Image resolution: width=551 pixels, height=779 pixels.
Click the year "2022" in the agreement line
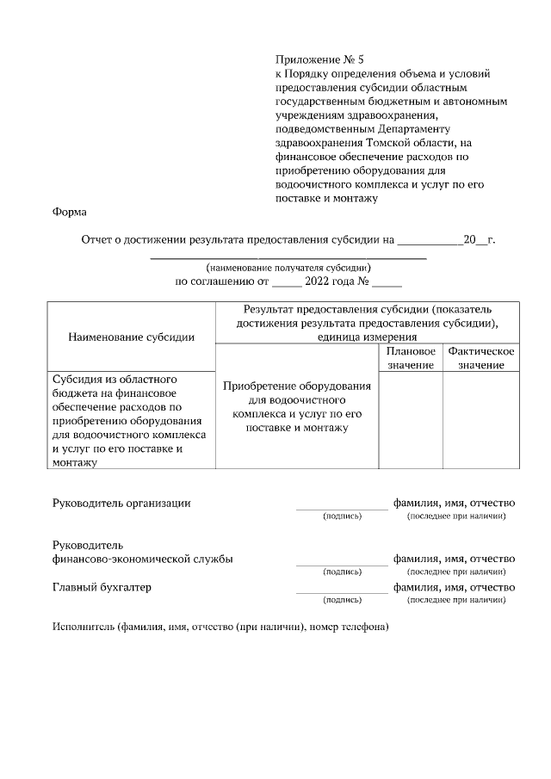click(x=320, y=281)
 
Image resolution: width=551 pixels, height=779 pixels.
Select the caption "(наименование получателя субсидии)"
click(x=288, y=268)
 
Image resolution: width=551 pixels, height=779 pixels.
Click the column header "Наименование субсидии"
click(x=131, y=337)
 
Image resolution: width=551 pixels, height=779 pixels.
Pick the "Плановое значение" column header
click(x=411, y=359)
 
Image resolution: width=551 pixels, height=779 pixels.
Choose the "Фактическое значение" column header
click(x=481, y=359)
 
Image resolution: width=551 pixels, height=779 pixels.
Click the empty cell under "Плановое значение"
click(x=411, y=420)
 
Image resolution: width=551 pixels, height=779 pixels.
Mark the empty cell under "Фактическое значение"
click(x=481, y=420)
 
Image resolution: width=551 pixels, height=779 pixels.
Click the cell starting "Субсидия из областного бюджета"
click(x=129, y=420)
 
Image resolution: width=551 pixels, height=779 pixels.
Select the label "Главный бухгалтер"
click(x=102, y=587)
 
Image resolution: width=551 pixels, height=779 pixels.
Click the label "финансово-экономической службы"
click(x=143, y=559)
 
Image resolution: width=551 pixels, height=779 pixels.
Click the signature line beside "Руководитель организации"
click(x=342, y=508)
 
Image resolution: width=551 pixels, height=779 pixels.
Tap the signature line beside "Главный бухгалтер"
click(x=342, y=592)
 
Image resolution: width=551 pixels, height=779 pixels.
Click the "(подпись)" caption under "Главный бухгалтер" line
click(x=342, y=600)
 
